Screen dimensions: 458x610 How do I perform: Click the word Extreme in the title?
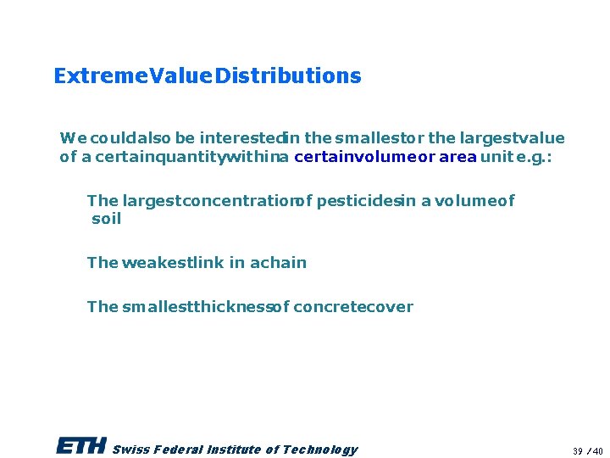(x=90, y=76)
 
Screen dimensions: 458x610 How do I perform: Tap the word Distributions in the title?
(x=288, y=76)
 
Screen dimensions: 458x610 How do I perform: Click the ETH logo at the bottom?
(x=81, y=447)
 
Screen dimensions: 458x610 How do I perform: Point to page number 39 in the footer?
(x=578, y=450)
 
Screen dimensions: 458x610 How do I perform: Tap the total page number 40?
(x=598, y=450)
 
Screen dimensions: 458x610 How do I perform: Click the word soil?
(x=107, y=219)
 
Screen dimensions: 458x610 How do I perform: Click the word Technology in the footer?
(x=320, y=450)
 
